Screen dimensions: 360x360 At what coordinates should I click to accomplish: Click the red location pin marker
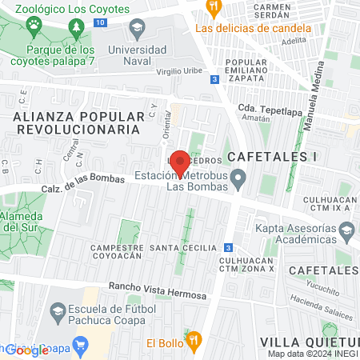(x=180, y=163)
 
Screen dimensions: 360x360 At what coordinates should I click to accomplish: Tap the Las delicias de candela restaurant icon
(x=213, y=8)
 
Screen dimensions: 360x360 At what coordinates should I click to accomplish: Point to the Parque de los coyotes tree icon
(x=76, y=28)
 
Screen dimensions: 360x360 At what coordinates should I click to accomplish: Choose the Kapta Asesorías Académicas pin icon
(x=346, y=232)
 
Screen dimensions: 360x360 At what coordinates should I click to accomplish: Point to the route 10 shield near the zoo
(x=98, y=22)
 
